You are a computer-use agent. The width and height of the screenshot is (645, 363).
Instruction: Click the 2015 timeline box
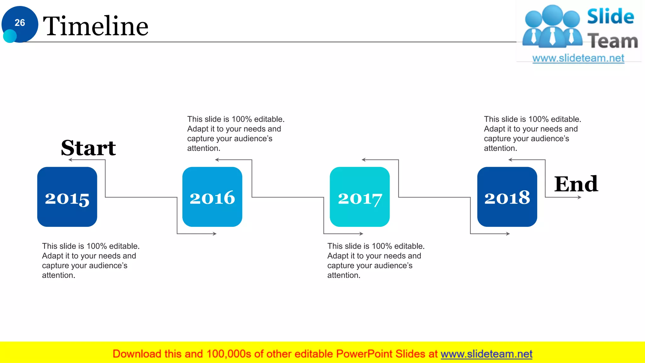click(67, 197)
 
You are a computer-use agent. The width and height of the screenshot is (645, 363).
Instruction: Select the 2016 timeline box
click(212, 197)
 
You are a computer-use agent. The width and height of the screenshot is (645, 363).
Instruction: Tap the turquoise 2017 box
click(360, 197)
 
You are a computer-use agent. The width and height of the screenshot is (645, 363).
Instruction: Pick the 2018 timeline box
click(507, 197)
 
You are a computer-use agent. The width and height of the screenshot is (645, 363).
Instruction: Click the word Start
click(88, 148)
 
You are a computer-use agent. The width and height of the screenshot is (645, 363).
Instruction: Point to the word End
click(576, 184)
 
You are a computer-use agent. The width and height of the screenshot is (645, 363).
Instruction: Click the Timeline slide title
click(95, 26)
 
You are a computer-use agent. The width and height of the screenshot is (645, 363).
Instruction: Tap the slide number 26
click(20, 23)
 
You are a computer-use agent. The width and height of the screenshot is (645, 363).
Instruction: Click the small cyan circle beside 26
click(10, 36)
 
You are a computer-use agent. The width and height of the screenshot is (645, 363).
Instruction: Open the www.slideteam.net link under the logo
click(578, 58)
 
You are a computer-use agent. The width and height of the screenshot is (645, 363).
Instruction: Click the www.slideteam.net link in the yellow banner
click(486, 354)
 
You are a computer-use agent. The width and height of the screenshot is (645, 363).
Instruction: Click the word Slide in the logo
click(610, 16)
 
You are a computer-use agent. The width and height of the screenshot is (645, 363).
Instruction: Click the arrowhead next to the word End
click(579, 197)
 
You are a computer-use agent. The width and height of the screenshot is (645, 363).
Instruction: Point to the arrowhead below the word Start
click(70, 160)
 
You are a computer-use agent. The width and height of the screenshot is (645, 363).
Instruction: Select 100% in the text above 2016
click(242, 119)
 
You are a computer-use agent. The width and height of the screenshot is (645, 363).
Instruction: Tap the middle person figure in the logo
click(552, 27)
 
